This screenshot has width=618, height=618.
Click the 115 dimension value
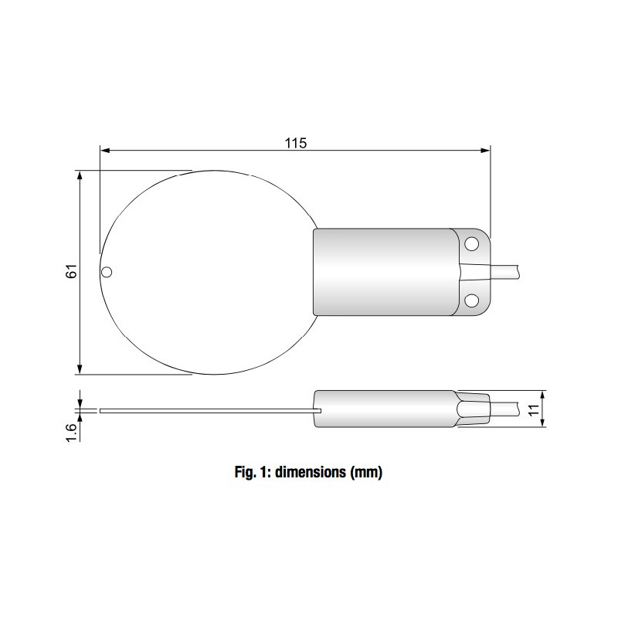pyautogui.click(x=296, y=142)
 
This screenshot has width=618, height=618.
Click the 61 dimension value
pyautogui.click(x=71, y=271)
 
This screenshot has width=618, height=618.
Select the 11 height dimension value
pyautogui.click(x=532, y=409)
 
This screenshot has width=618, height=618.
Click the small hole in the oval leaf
pyautogui.click(x=107, y=271)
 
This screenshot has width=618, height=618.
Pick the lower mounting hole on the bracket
pyautogui.click(x=470, y=298)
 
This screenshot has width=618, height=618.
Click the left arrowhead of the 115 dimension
pyautogui.click(x=105, y=151)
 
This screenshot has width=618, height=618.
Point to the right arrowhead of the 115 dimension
pyautogui.click(x=485, y=151)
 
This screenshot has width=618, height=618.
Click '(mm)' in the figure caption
pyautogui.click(x=366, y=471)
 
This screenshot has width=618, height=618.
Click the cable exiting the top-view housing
pyautogui.click(x=506, y=271)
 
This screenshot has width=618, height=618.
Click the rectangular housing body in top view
pyautogui.click(x=382, y=272)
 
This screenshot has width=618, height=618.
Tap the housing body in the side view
pyautogui.click(x=382, y=409)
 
